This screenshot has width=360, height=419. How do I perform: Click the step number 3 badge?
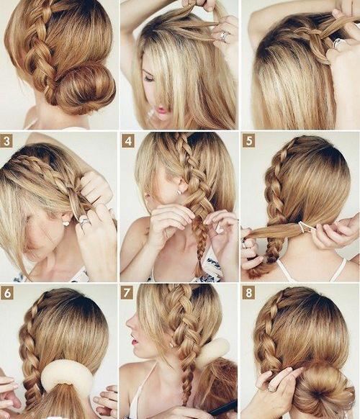click(x=6, y=140)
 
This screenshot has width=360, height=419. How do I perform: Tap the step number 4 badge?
click(x=128, y=140)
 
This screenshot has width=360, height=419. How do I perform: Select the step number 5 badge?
click(x=249, y=140)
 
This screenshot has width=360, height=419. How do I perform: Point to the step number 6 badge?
click(x=7, y=293)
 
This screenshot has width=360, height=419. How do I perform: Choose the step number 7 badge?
click(x=127, y=292)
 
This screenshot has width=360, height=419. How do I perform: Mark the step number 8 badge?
click(x=248, y=292)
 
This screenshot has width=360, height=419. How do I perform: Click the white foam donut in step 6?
click(x=67, y=374)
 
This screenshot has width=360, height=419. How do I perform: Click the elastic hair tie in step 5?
click(x=304, y=227)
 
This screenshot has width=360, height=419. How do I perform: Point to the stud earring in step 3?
click(x=66, y=223)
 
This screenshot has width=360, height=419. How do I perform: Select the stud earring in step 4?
click(x=178, y=192)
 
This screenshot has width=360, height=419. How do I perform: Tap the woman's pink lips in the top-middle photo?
click(x=162, y=110)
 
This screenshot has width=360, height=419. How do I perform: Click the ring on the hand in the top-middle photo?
click(x=224, y=36)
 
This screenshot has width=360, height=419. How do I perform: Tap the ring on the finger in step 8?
click(x=271, y=389)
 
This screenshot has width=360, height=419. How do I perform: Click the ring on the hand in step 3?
click(x=84, y=222)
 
